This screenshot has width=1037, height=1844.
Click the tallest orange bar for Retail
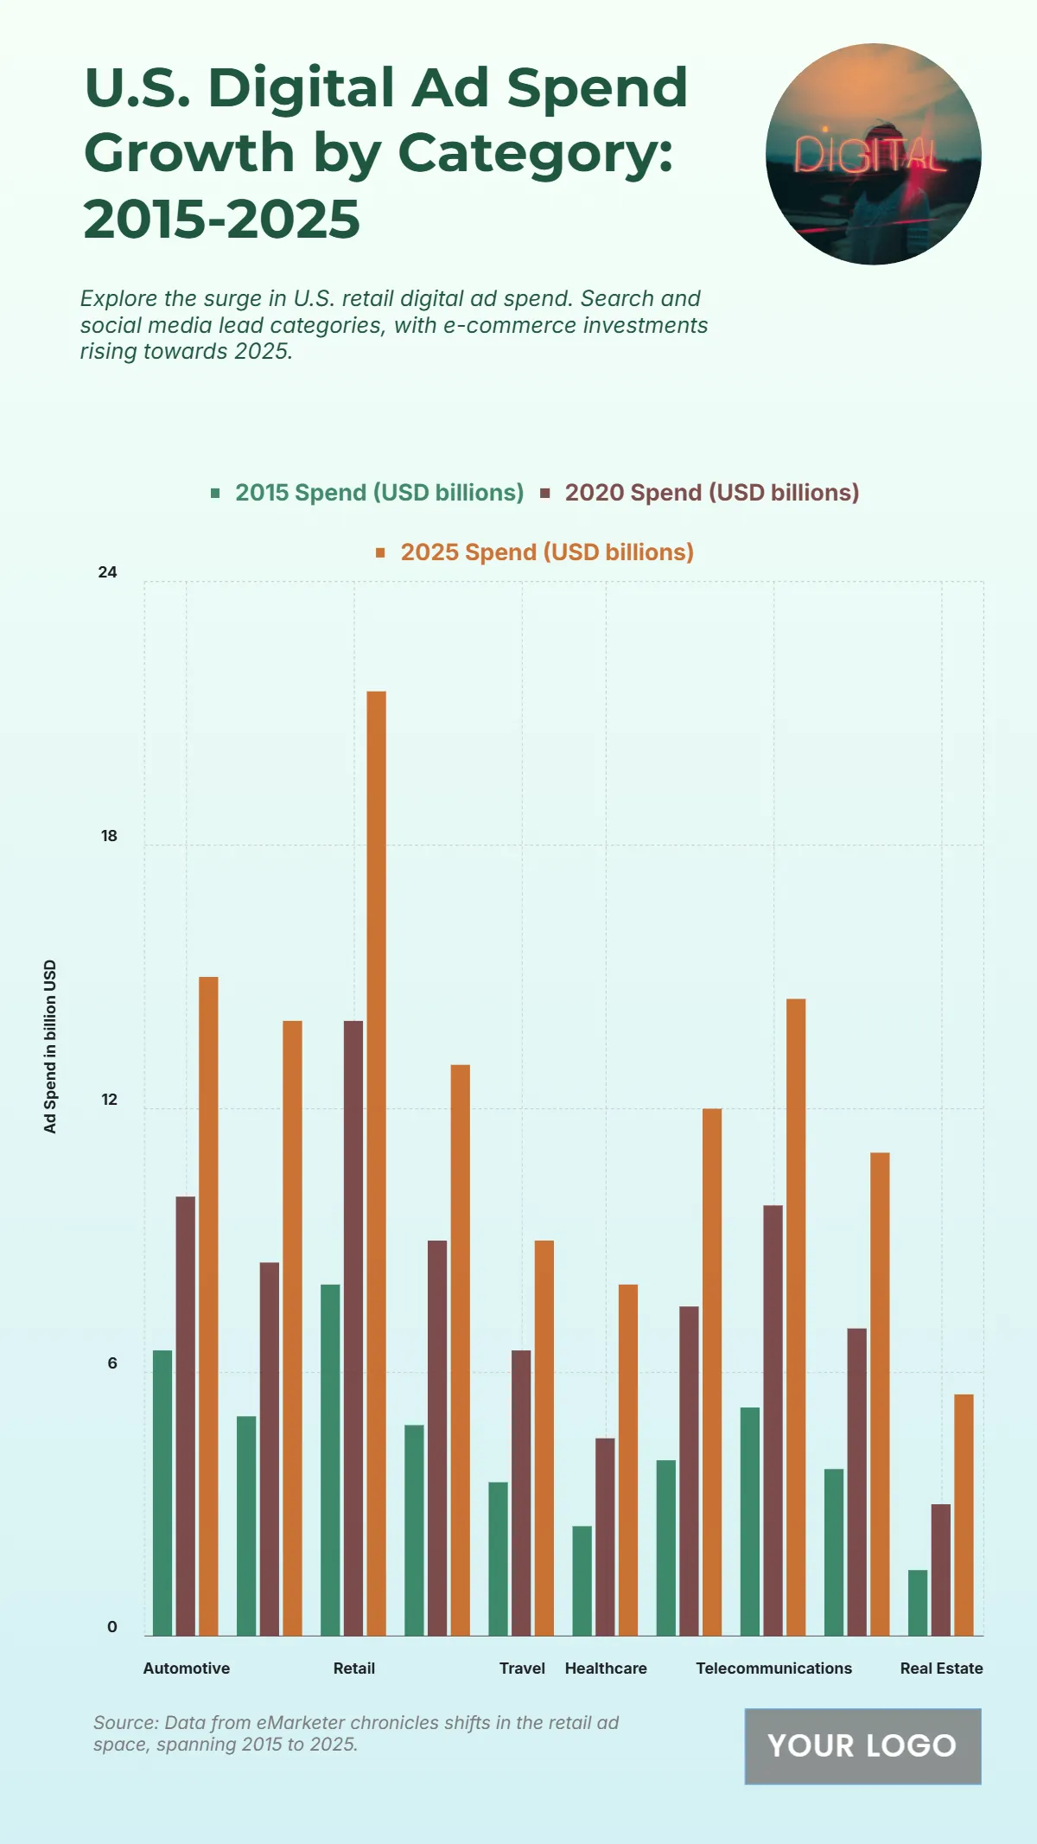tap(376, 1163)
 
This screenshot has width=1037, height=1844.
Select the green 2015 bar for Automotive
tap(162, 1493)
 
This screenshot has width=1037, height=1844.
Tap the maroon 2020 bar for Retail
tap(353, 1328)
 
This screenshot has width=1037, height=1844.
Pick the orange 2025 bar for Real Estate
tap(964, 1515)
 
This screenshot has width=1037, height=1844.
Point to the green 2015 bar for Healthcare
tap(582, 1580)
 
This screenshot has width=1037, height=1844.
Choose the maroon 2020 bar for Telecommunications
tap(773, 1420)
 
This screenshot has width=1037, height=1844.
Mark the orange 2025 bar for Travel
tap(544, 1438)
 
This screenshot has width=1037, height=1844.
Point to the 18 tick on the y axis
tap(109, 836)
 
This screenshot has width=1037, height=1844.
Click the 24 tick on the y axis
tap(107, 572)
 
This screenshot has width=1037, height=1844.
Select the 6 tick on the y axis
tap(112, 1363)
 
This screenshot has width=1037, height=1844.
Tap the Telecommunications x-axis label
tap(773, 1669)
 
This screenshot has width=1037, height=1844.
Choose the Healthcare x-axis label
tap(606, 1669)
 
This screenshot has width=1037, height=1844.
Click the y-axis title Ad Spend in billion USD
tap(50, 1046)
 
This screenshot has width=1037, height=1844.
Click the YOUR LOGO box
tap(862, 1745)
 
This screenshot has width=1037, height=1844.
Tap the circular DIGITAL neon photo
tap(873, 154)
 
